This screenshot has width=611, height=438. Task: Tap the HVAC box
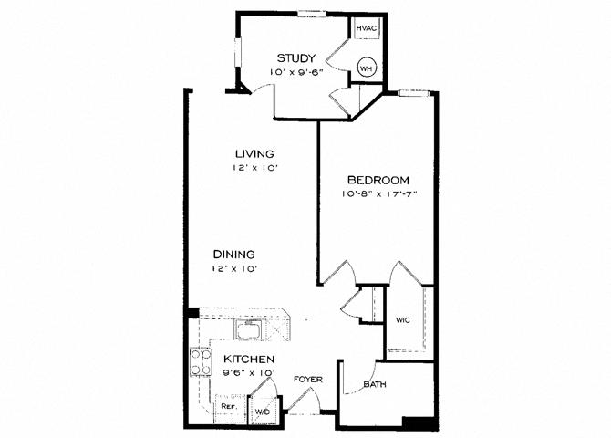(x=367, y=28)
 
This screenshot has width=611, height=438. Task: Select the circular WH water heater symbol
(x=367, y=68)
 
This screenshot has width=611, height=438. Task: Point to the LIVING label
(x=254, y=153)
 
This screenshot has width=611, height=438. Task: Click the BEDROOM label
(x=378, y=180)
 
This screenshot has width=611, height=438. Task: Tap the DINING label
(x=233, y=255)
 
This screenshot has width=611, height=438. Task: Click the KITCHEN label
(x=249, y=359)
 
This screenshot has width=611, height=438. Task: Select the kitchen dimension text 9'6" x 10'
(x=249, y=372)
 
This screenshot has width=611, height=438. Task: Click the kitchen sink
(x=249, y=328)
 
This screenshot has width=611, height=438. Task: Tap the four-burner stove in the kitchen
(x=201, y=362)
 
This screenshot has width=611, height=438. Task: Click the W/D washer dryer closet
(x=263, y=411)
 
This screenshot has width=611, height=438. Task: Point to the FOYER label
(x=308, y=379)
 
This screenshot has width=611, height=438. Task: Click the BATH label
(x=375, y=384)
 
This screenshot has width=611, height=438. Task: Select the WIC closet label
(x=403, y=320)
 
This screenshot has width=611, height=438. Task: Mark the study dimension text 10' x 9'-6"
(x=295, y=72)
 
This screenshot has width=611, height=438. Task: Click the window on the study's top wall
(x=312, y=15)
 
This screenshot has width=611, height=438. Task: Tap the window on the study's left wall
(x=238, y=53)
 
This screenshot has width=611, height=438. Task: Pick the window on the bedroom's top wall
(x=413, y=93)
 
